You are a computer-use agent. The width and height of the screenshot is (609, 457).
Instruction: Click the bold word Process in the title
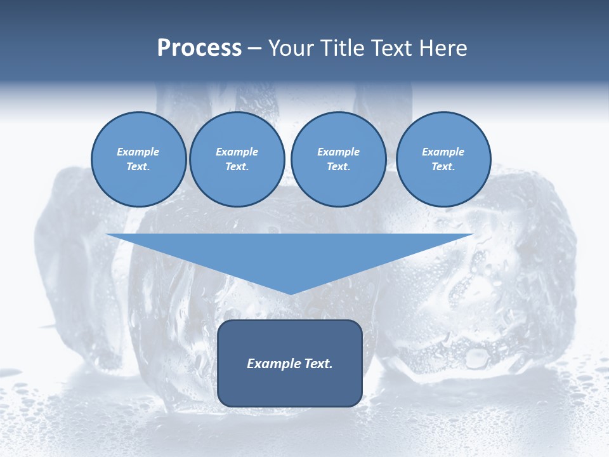point(199,48)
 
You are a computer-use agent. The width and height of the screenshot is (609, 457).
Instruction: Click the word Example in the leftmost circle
point(138,152)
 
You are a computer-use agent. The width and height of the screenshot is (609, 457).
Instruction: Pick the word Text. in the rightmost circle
point(443,167)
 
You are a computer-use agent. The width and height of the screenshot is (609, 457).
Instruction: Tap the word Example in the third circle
point(338,152)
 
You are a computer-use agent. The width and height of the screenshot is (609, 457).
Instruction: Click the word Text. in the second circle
point(237,167)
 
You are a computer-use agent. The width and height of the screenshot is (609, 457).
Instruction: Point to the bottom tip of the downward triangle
point(291,293)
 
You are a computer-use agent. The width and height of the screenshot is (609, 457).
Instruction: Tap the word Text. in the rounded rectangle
point(318,364)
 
